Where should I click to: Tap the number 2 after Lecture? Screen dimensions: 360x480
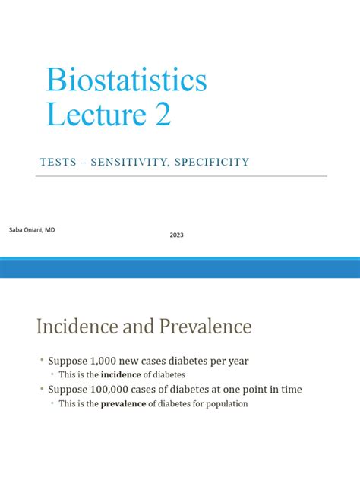(x=162, y=115)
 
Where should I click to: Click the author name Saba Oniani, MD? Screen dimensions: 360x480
(x=32, y=227)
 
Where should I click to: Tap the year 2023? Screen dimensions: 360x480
(x=176, y=235)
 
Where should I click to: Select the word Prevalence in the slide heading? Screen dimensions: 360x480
(x=205, y=327)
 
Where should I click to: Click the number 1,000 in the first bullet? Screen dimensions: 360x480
(x=105, y=361)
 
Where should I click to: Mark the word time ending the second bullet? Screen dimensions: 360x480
(x=289, y=390)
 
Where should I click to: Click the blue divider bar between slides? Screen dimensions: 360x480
(x=180, y=268)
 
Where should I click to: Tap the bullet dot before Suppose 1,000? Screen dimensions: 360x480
(x=42, y=361)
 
